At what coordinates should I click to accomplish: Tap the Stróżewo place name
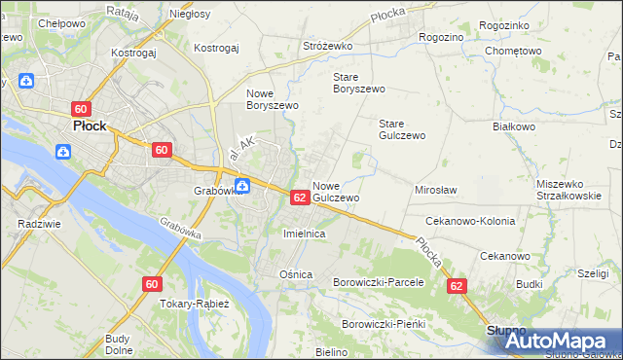[327, 46]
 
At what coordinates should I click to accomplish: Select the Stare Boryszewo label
[359, 82]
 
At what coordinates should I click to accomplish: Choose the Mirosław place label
[436, 191]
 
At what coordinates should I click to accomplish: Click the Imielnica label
[303, 235]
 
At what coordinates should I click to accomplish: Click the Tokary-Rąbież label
[194, 304]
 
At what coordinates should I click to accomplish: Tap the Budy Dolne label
[119, 343]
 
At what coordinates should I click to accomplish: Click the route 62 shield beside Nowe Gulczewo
[300, 198]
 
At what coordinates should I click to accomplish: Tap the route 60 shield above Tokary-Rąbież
[150, 284]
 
